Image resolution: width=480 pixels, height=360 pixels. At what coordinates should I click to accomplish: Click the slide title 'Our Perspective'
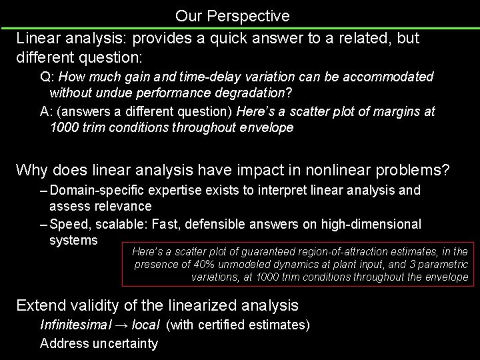point(232,15)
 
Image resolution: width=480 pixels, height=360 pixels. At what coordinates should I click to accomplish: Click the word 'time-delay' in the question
point(203,77)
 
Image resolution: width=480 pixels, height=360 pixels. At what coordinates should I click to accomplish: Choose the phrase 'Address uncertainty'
point(99,343)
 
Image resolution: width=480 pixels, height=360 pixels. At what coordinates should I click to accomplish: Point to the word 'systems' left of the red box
point(73,239)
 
